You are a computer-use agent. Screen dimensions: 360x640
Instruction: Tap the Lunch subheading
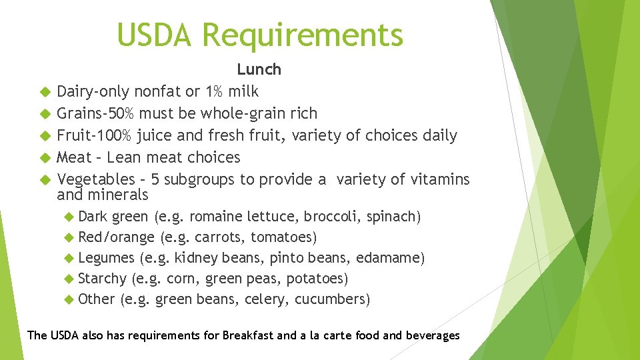[259, 69]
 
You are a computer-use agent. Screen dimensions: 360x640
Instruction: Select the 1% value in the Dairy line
[214, 91]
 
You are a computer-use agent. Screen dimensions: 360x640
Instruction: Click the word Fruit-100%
[95, 135]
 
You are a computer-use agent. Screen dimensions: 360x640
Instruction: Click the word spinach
[395, 217]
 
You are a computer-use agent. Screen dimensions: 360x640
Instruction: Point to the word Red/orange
[117, 237]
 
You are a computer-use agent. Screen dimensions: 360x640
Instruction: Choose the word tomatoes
[287, 237]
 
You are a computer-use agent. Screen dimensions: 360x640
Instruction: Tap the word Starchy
[102, 279]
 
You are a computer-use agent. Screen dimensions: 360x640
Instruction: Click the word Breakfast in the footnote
[248, 335]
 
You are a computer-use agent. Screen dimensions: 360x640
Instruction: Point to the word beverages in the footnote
[432, 335]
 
